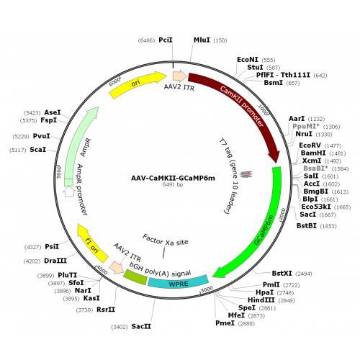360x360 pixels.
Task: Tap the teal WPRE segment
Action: [x=178, y=282]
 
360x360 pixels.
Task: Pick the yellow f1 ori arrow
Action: [x=92, y=243]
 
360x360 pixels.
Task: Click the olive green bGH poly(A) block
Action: [x=135, y=277]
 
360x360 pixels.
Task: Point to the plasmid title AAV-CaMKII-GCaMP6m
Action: [x=173, y=178]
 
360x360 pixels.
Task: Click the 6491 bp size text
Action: [x=173, y=184]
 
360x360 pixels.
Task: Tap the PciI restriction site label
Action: [x=166, y=40]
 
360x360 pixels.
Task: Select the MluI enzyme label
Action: [x=202, y=40]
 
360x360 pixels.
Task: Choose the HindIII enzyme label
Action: [x=261, y=300]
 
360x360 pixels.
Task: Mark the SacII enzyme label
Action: [x=141, y=326]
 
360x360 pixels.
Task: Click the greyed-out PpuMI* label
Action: [x=306, y=126]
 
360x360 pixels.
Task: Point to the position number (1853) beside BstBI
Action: [x=328, y=226]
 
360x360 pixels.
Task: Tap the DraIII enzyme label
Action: [x=55, y=261]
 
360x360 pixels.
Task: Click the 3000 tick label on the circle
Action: [x=207, y=289]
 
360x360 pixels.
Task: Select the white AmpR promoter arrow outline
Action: [x=69, y=192]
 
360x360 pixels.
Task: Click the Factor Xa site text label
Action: [x=166, y=240]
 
